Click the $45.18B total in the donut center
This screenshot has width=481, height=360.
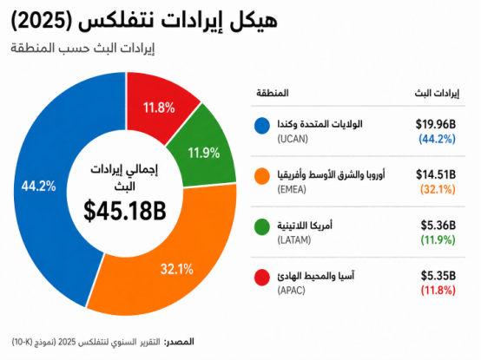125,211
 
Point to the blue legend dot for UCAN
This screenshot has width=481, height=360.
262,126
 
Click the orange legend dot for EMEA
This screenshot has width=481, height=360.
262,176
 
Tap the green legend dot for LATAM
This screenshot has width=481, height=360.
262,226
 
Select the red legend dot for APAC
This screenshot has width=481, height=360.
262,278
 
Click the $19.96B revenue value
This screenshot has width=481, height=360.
436,124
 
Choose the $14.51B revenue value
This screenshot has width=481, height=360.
436,174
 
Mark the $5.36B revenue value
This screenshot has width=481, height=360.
438,226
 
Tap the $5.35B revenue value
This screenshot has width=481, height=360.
438,276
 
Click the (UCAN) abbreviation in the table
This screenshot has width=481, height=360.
293,139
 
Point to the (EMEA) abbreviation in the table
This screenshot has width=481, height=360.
292,190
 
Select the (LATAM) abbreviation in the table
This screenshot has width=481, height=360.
294,240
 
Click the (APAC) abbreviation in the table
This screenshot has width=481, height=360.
291,290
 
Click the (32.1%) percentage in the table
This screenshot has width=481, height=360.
438,190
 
